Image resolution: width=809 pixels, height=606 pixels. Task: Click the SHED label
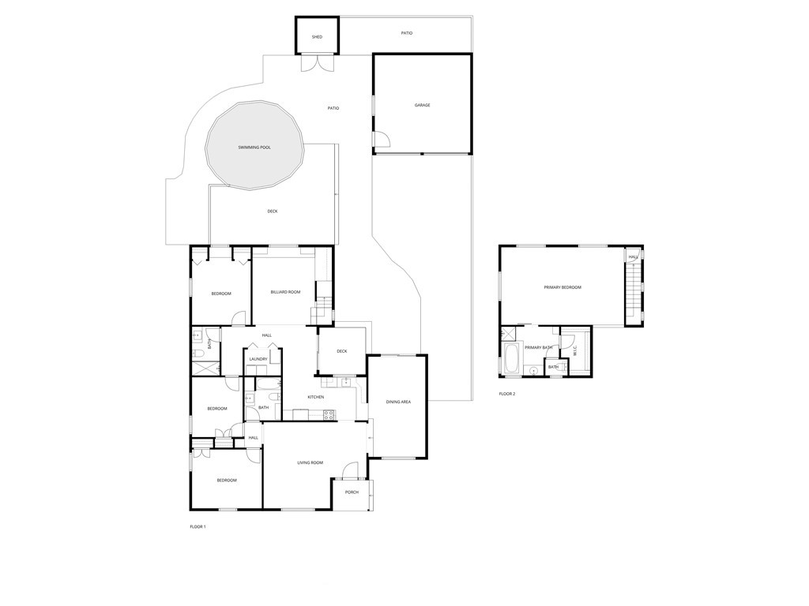(x=317, y=37)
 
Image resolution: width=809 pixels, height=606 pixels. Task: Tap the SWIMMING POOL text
(x=254, y=148)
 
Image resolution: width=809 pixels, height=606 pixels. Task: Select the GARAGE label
(x=423, y=105)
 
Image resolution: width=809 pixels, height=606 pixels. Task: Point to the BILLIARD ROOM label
(x=285, y=292)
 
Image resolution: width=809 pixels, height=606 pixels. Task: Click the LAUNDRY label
(x=258, y=359)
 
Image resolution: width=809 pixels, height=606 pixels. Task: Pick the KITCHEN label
(x=315, y=397)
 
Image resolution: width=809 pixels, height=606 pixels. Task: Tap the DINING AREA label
(x=398, y=402)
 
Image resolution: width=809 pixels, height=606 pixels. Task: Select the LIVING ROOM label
(x=310, y=462)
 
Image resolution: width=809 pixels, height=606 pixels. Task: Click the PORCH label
(x=352, y=492)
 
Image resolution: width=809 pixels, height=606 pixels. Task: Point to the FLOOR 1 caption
(x=198, y=526)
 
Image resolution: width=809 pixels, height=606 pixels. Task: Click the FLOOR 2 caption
(x=507, y=394)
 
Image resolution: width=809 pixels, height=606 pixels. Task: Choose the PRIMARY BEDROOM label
(x=563, y=287)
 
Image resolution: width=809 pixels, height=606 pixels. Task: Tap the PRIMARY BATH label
(x=538, y=348)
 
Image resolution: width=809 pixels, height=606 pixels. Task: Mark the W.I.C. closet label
(x=576, y=350)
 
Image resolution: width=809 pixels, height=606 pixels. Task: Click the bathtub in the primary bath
(x=512, y=358)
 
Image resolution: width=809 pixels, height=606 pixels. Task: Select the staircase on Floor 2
(x=632, y=292)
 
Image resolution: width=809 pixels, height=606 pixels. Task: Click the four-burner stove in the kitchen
(x=329, y=413)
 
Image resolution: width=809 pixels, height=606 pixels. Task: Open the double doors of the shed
(x=318, y=62)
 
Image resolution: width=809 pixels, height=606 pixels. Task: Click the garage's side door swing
(x=382, y=140)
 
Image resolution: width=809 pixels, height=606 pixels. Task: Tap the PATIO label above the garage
(x=407, y=33)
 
